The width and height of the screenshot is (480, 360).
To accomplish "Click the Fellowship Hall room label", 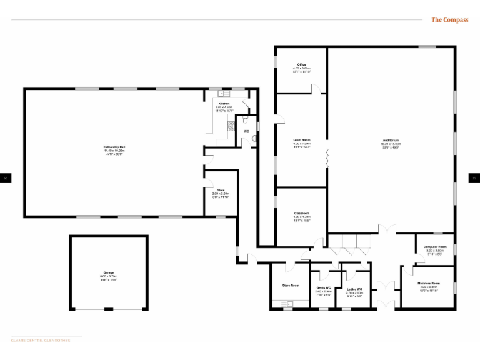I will [114, 147].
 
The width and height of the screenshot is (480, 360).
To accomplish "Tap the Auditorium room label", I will [391, 140].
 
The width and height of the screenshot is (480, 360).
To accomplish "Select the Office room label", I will [301, 64].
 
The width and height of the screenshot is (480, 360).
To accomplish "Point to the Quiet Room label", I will [302, 140].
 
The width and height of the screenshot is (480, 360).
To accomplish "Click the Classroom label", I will [302, 214].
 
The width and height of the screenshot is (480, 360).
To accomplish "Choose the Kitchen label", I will [224, 103].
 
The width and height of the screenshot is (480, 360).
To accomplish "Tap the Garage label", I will [109, 272].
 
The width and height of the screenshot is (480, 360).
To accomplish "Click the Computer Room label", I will [434, 247].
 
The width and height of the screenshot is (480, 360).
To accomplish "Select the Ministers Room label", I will [429, 284].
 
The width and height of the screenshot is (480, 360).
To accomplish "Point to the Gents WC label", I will [323, 288].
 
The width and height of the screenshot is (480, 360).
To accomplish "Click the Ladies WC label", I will [354, 289].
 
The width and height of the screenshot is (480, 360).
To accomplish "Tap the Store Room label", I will [291, 286].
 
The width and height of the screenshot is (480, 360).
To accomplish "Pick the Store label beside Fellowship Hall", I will [221, 190].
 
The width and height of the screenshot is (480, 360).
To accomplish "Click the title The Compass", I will [449, 20].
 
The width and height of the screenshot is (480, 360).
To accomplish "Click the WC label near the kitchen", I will [246, 131].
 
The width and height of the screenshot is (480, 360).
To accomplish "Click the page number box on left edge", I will [6, 178].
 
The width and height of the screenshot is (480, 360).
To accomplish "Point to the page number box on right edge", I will [474, 178].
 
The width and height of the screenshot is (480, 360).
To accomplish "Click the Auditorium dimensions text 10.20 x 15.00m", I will [391, 144].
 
